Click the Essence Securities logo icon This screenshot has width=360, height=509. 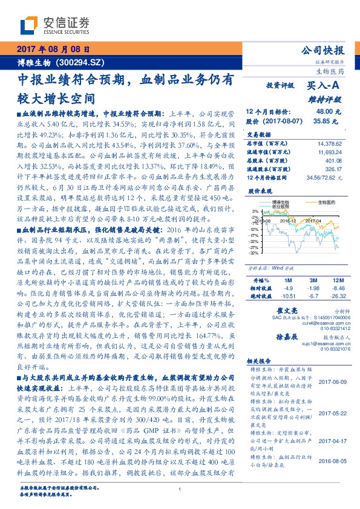coord(27,25)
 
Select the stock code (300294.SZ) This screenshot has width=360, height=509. coord(90,62)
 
